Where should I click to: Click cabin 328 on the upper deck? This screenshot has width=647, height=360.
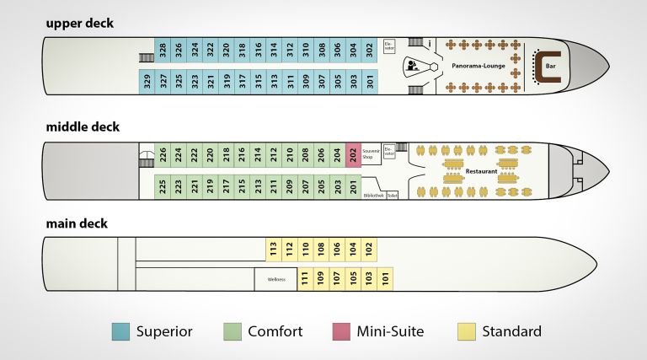coord(163,50)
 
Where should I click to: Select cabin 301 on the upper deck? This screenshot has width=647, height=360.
coord(370,82)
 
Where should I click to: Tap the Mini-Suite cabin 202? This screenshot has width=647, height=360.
coord(353,155)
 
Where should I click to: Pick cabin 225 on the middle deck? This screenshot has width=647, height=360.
coord(163,186)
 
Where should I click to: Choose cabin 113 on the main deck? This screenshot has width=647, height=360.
coord(273,249)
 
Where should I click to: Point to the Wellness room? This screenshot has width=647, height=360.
coord(276,279)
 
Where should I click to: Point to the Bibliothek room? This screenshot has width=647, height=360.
coord(373,196)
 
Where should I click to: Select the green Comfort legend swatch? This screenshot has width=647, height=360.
coord(233,331)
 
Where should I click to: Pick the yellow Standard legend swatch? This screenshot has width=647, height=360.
coord(466,331)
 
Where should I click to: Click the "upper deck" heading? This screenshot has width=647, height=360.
coord(80,23)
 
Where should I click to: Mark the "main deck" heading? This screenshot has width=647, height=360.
coord(77,223)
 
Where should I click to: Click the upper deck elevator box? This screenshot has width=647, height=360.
coord(389,47)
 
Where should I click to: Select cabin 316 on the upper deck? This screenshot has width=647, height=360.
coord(259,50)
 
